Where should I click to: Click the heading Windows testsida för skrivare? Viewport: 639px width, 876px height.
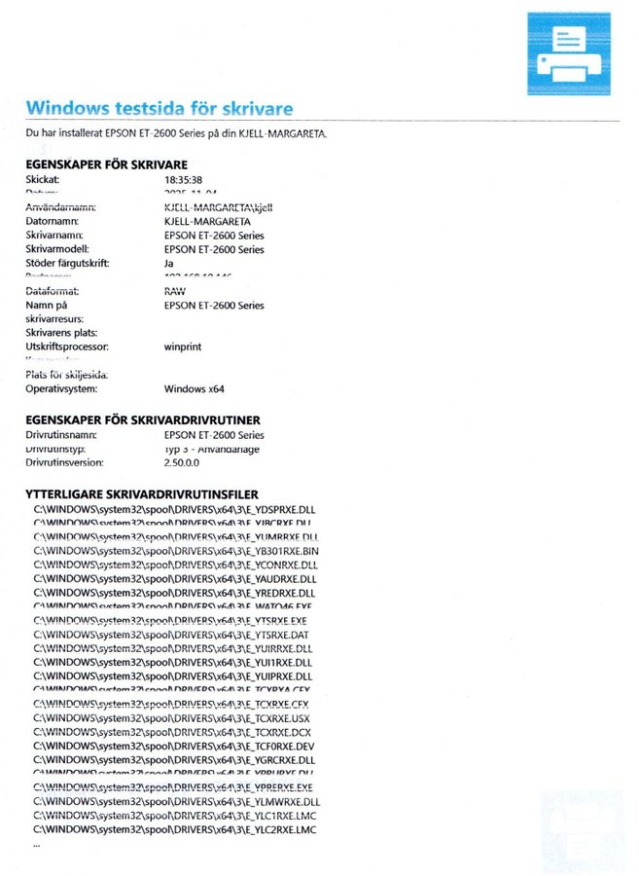pos(160,107)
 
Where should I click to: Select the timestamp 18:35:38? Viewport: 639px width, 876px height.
pos(184,180)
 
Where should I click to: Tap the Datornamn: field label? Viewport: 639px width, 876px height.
pos(53,222)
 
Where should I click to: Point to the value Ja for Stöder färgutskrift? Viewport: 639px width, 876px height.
pos(169,263)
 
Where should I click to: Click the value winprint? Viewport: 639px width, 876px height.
pos(184,347)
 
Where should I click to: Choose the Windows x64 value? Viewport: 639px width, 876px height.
pos(195,389)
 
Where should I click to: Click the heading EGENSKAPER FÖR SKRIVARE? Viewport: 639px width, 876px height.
pos(106,164)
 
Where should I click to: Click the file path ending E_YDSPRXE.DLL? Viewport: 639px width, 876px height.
pos(175,509)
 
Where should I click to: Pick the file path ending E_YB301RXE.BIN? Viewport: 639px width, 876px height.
pos(176,551)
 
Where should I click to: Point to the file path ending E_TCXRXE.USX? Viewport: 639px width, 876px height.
pos(172,718)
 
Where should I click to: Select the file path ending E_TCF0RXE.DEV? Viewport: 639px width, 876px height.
pos(174,747)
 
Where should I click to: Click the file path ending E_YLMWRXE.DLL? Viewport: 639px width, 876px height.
pos(177,802)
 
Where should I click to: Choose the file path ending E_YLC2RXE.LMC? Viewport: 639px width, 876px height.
pos(175,829)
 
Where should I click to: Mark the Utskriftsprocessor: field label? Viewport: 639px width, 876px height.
pos(67,347)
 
